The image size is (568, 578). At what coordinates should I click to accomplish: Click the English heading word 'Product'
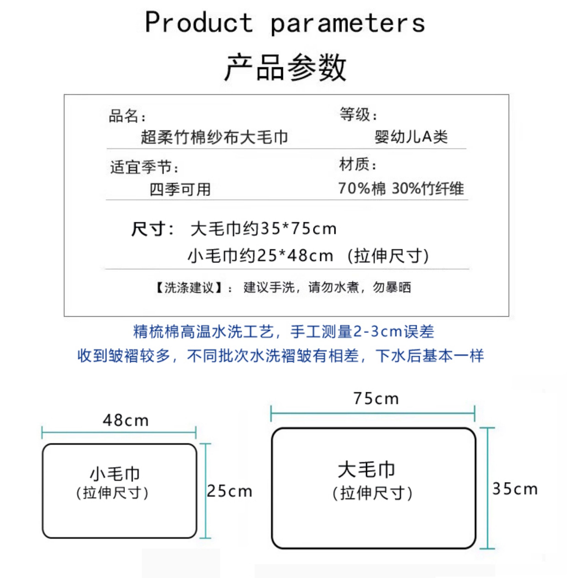[199, 22]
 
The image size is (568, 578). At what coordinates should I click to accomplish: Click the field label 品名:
[127, 116]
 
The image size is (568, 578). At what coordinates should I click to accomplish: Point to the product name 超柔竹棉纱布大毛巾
[214, 137]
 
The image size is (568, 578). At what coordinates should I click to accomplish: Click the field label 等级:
[358, 114]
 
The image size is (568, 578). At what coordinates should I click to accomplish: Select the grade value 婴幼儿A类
[411, 137]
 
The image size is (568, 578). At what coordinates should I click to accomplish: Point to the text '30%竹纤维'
[428, 189]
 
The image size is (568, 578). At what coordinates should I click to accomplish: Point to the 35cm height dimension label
[515, 489]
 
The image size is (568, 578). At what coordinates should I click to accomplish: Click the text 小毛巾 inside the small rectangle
[115, 474]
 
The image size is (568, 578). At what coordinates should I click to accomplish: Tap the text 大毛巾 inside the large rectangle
[366, 470]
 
